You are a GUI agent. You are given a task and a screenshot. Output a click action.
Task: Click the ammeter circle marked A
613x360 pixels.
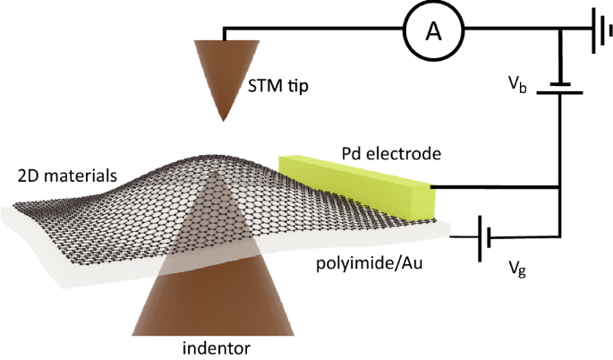coord(434,32)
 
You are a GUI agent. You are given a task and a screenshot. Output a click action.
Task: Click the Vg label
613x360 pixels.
coord(516,266)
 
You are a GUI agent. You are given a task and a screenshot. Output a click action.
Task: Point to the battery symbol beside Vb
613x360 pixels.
coord(560,86)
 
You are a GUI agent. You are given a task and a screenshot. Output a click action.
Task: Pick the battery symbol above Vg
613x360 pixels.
coord(483,236)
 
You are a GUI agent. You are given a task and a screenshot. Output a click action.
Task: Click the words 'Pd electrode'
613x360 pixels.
coord(391,154)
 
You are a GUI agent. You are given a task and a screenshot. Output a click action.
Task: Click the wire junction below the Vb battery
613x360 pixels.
coord(560,188)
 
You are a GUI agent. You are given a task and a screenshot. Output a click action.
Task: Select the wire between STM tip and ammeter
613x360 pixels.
coord(304,30)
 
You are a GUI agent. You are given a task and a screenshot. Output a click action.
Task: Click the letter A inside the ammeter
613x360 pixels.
coord(434,32)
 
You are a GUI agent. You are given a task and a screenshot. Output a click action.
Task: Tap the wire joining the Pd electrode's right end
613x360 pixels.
coord(497,188)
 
